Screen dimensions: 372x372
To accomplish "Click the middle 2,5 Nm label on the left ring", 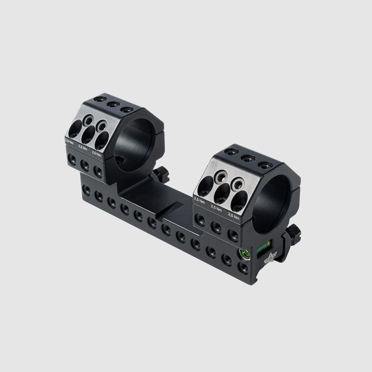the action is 83,148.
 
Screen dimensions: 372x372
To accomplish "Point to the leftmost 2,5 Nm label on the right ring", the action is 199,200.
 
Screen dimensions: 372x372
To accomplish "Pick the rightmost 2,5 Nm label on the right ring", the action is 234,216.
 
